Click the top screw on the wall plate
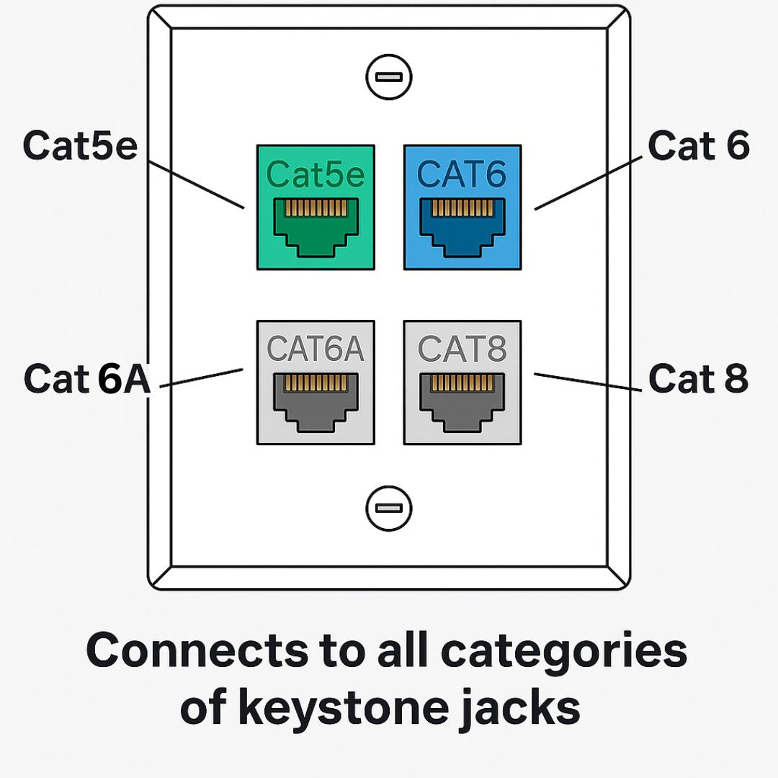click(x=388, y=77)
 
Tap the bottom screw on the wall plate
click(x=388, y=508)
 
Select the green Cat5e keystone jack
click(x=316, y=207)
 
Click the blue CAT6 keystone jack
click(x=462, y=207)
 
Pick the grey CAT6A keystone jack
click(x=316, y=383)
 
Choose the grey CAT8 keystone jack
click(x=462, y=383)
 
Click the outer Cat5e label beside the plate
click(x=80, y=146)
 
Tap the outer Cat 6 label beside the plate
click(x=698, y=146)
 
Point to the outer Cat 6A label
click(x=86, y=379)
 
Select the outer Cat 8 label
click(x=698, y=379)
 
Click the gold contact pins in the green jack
click(x=316, y=209)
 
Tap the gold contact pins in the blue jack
click(x=462, y=209)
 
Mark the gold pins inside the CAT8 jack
click(x=462, y=383)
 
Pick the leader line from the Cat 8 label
click(x=587, y=382)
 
